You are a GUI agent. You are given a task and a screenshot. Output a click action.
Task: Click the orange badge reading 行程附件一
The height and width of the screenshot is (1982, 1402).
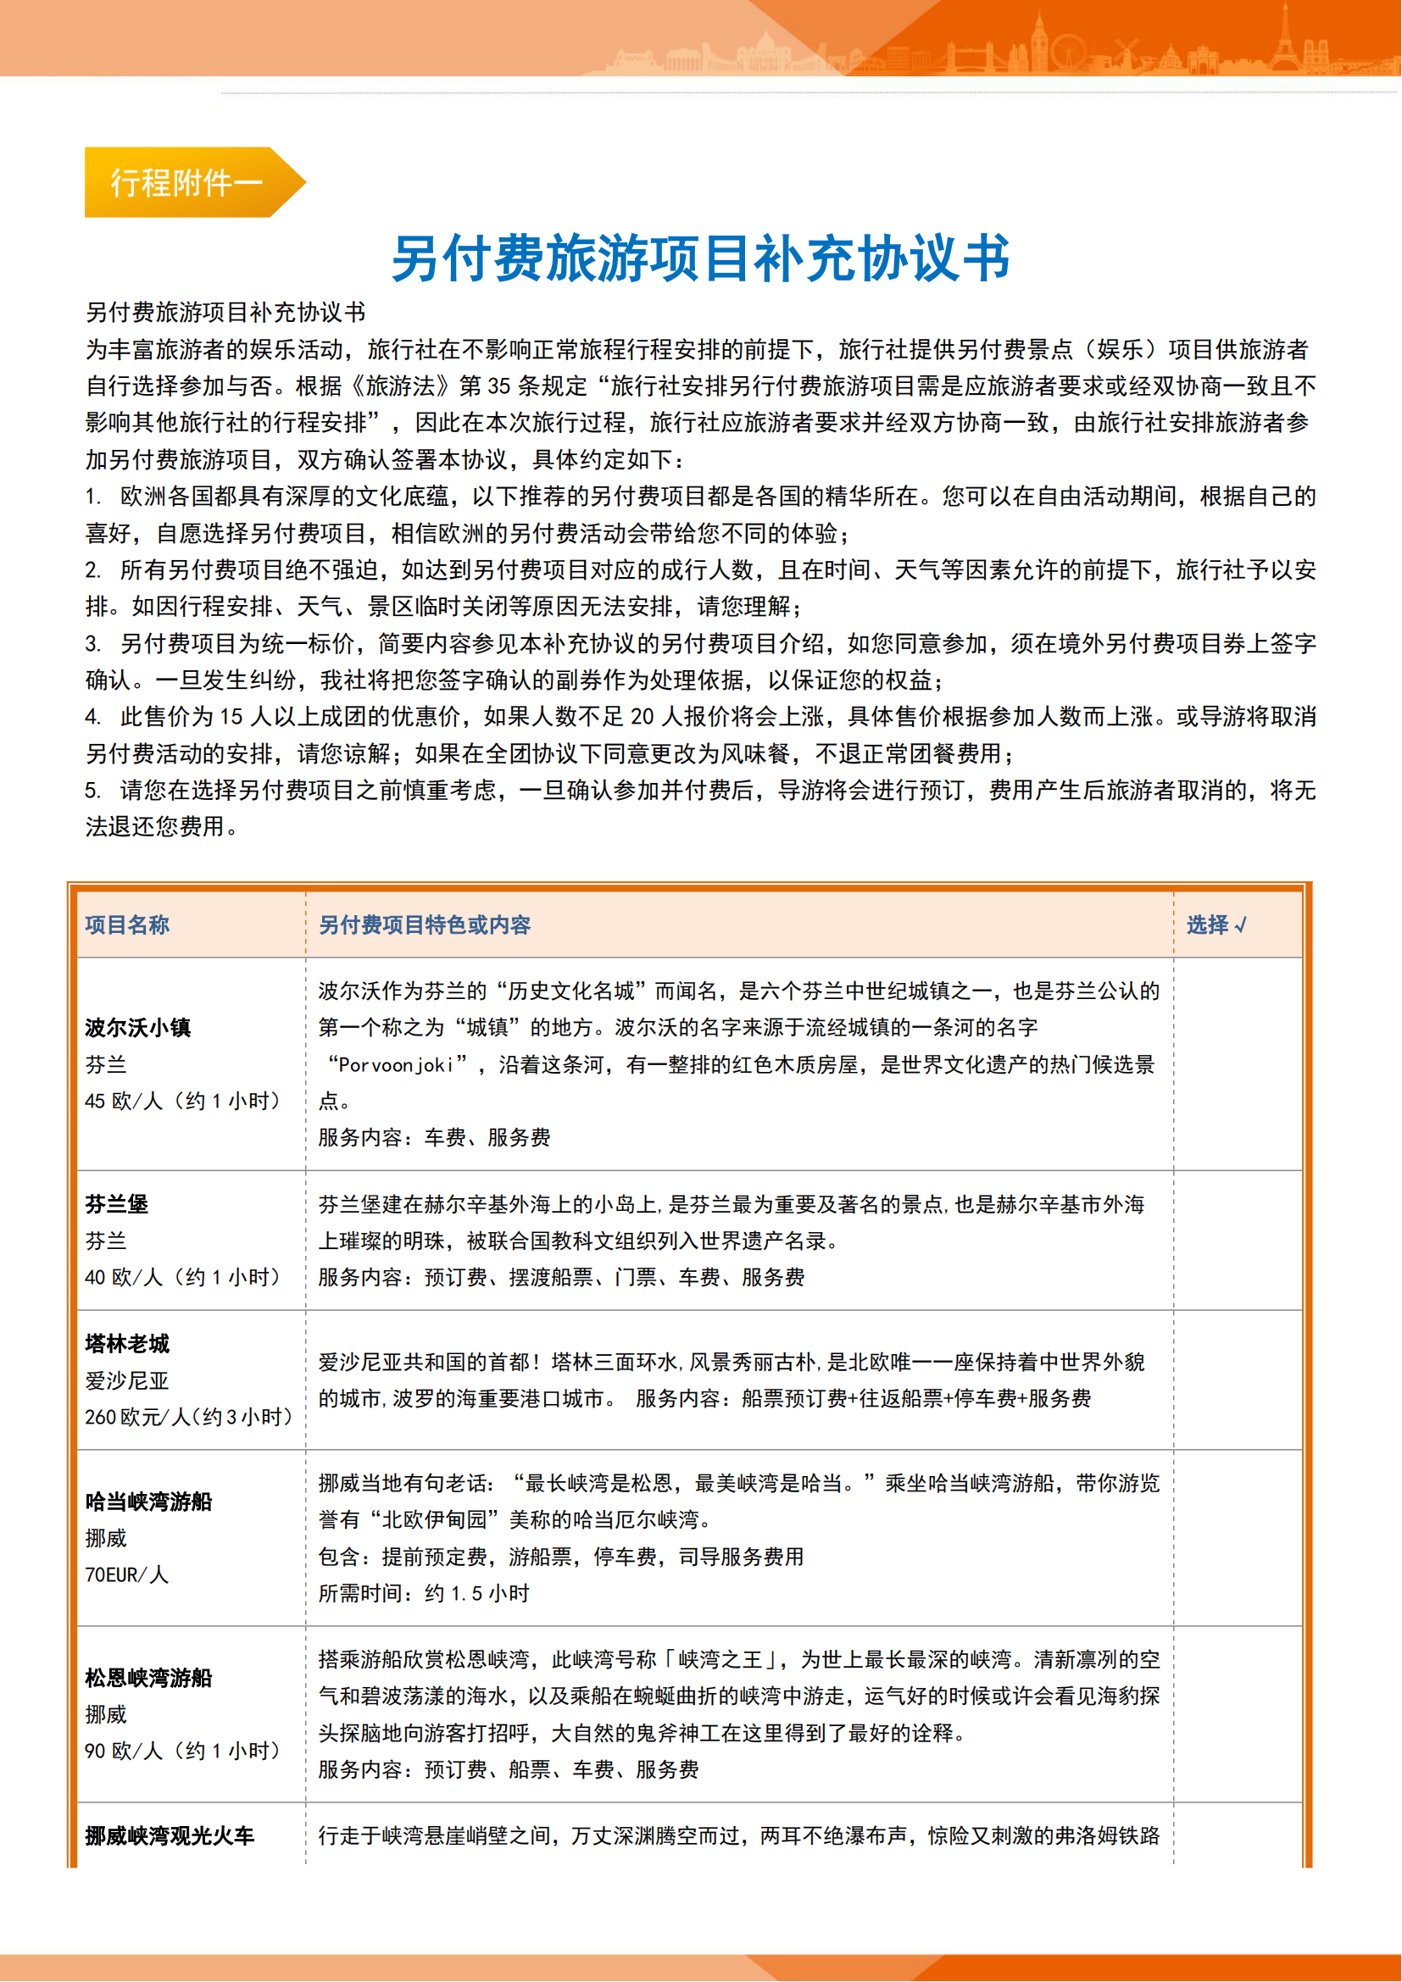186,182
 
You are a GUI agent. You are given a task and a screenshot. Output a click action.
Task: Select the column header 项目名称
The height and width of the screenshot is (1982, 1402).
127,924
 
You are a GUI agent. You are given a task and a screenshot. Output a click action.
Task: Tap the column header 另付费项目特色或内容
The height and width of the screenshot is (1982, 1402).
425,924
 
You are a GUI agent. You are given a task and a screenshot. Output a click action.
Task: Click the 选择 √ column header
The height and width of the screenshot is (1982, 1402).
1216,924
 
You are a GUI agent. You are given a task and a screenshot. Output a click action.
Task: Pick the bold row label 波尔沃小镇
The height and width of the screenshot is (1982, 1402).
138,1027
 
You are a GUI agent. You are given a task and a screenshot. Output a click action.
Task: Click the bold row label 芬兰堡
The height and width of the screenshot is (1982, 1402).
116,1203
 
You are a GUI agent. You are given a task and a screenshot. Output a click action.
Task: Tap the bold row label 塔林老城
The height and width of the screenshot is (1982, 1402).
127,1343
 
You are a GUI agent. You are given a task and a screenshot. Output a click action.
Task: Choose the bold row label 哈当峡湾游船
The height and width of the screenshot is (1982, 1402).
148,1502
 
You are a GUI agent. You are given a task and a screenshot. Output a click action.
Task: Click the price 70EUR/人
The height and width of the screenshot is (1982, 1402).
126,1574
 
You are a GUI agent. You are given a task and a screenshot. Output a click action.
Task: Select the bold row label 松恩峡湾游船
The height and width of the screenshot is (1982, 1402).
148,1677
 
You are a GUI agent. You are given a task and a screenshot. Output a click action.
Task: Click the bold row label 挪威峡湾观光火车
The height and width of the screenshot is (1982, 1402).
170,1835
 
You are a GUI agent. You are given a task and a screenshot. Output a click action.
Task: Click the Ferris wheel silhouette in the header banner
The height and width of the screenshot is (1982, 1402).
1068,52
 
